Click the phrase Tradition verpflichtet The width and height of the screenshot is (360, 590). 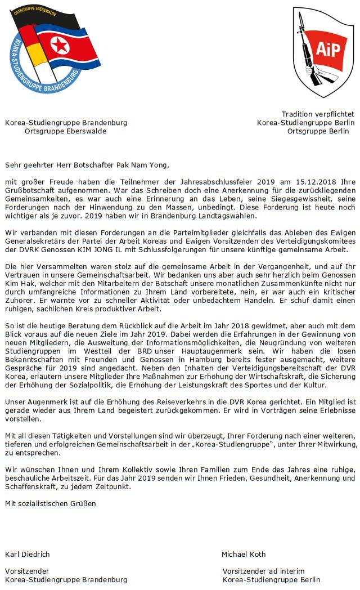click(318, 114)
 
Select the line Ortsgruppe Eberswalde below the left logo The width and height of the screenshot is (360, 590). click(65, 131)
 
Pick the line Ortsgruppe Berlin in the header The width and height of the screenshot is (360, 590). click(318, 131)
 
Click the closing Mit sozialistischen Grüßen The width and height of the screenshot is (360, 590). click(51, 503)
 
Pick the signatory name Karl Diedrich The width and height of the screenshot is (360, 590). click(28, 554)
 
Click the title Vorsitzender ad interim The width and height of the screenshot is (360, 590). click(263, 571)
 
